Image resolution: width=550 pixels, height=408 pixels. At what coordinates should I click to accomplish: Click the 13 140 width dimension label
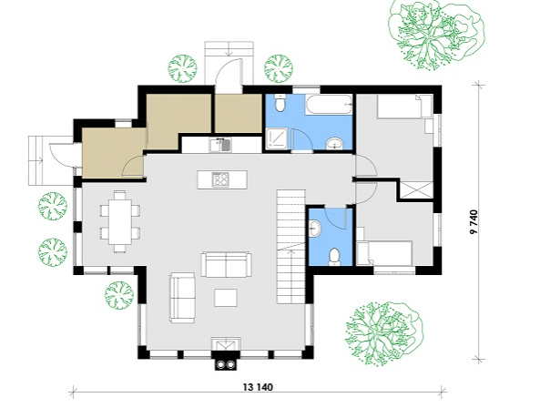[258, 387]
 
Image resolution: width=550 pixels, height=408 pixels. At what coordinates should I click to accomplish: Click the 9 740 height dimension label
[474, 222]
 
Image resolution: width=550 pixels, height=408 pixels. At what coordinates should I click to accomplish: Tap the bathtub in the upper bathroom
[329, 104]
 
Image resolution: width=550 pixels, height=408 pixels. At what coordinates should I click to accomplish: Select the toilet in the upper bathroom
[280, 103]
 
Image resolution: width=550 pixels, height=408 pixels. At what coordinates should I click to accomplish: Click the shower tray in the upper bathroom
[277, 139]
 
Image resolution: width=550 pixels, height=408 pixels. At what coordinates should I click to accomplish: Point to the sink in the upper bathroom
[335, 144]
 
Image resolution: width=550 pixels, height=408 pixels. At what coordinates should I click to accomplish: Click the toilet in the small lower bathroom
[334, 256]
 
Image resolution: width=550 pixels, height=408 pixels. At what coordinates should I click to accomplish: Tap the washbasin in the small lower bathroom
[315, 229]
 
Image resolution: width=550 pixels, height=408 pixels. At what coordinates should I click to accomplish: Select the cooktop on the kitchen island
[220, 179]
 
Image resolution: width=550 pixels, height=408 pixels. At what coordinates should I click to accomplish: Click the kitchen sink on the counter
[220, 145]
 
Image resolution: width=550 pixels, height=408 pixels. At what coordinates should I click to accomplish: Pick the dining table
[119, 221]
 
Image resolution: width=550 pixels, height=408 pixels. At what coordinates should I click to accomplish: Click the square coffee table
[226, 298]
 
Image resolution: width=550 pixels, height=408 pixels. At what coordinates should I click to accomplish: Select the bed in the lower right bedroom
[385, 253]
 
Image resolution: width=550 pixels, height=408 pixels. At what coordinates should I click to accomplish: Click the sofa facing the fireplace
[227, 264]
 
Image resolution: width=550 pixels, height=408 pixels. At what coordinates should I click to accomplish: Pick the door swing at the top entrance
[228, 73]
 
